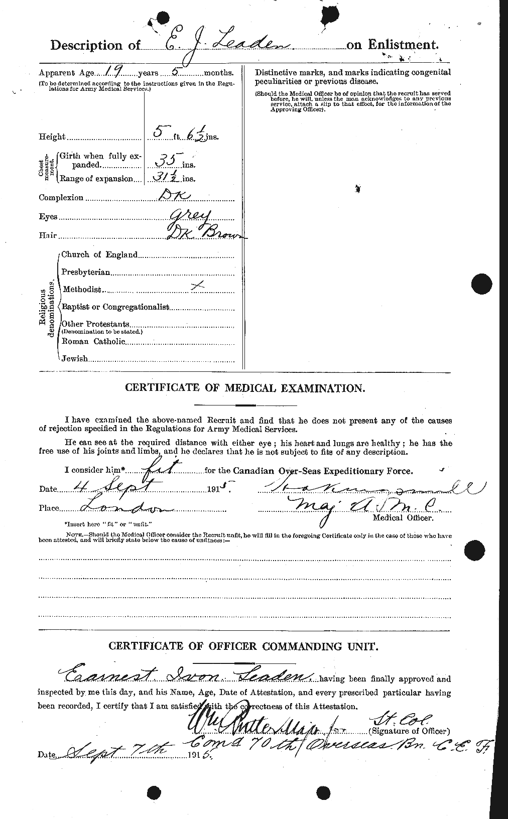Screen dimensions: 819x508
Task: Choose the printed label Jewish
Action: [x=74, y=359]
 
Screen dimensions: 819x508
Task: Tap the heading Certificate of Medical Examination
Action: [x=244, y=387]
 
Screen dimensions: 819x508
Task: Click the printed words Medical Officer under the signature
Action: [x=403, y=517]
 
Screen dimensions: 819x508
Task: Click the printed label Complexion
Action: [x=61, y=198]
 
